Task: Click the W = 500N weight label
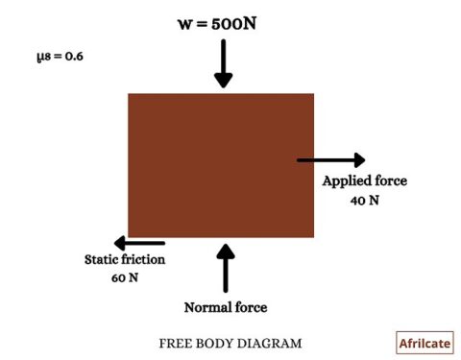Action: click(223, 20)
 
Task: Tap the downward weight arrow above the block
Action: click(223, 65)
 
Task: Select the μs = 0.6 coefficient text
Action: click(61, 57)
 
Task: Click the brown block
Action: click(221, 164)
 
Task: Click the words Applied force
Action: click(365, 181)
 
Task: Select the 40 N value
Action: click(365, 201)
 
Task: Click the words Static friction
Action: click(125, 259)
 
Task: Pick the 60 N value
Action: click(126, 277)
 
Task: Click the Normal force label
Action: click(226, 307)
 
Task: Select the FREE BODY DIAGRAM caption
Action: click(230, 343)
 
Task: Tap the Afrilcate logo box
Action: click(424, 343)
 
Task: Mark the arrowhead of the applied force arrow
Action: click(359, 159)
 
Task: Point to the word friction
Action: click(142, 259)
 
